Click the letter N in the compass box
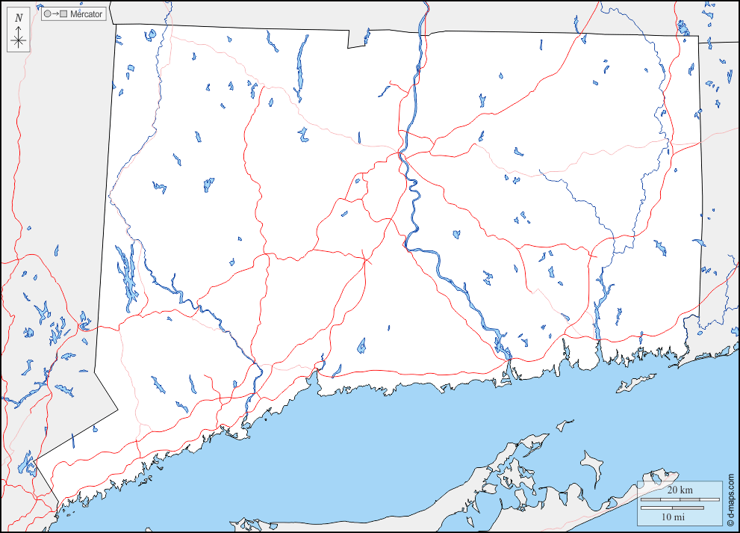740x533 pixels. (19, 17)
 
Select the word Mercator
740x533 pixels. (86, 14)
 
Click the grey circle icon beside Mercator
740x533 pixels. (48, 14)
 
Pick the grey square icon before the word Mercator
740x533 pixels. (63, 14)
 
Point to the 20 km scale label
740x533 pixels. (680, 490)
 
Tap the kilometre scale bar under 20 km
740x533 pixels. (672, 499)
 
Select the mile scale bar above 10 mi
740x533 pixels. (672, 508)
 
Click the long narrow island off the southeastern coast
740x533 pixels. (635, 383)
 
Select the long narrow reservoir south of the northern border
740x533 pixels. (302, 67)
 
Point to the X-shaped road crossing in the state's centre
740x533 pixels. (365, 261)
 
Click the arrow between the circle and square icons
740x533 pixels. (55, 14)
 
